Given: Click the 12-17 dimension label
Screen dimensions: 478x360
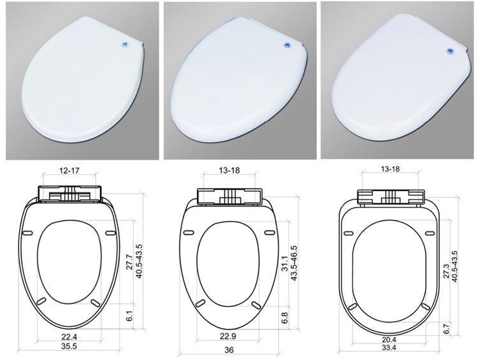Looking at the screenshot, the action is coord(69,171).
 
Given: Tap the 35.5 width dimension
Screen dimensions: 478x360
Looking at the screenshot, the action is coord(69,347).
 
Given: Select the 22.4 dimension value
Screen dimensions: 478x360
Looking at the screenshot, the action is coord(69,337).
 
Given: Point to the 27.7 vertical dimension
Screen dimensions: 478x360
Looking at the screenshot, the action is coord(130,261).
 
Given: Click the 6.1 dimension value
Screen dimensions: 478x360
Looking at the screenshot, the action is coord(130,315).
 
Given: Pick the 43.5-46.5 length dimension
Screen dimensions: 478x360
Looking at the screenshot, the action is coord(294,263).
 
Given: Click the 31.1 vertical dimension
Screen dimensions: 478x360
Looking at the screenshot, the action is coord(284,263).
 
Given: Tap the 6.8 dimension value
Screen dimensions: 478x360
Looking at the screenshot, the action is coord(284,318).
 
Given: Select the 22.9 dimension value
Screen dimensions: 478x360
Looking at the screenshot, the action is coord(228,336).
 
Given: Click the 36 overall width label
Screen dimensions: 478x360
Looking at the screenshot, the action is coord(229,350).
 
